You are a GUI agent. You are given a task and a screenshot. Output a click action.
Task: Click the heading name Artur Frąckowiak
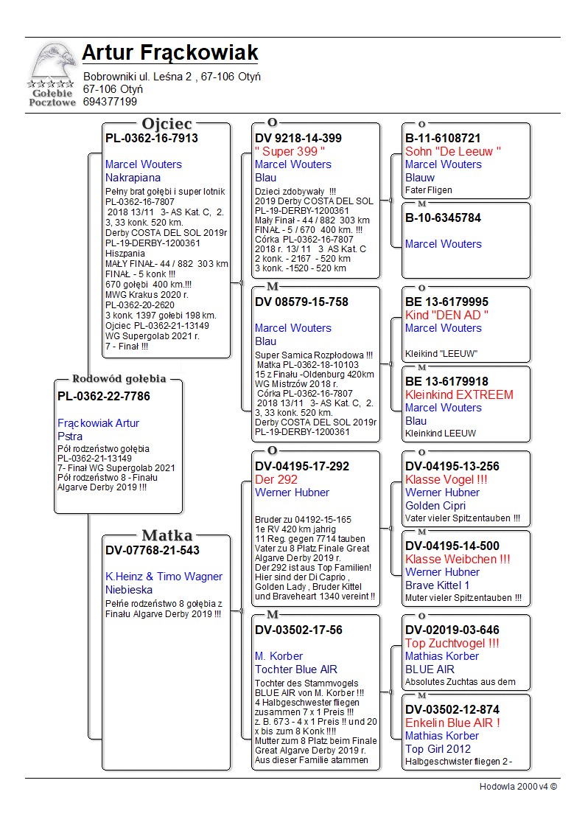[x=170, y=53]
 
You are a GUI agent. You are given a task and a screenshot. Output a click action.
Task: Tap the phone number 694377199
[x=110, y=102]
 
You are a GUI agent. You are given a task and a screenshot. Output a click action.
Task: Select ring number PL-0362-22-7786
[x=104, y=397]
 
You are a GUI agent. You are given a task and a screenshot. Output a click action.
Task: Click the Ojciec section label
[x=167, y=124]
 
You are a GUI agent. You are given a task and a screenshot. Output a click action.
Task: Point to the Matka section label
[x=167, y=536]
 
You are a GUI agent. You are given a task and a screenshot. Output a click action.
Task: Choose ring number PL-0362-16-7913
[x=152, y=138]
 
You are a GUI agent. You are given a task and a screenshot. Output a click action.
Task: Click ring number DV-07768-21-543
[x=153, y=550]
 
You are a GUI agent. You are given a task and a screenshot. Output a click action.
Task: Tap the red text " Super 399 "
[x=290, y=151]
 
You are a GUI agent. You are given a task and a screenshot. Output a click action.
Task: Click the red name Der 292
[x=276, y=479]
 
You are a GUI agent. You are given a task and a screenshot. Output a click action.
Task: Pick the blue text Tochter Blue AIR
[x=296, y=669]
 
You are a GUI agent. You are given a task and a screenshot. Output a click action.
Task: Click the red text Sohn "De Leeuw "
[x=453, y=151]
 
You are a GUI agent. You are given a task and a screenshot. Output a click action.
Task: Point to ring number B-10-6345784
[x=443, y=218]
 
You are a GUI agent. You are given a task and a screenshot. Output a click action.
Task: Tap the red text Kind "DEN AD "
[x=447, y=315]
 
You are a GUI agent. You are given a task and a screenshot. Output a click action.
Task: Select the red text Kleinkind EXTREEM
[x=459, y=394]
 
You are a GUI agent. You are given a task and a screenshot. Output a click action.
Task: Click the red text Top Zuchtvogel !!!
[x=452, y=643]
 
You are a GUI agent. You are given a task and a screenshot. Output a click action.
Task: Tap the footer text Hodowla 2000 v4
[x=518, y=787]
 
